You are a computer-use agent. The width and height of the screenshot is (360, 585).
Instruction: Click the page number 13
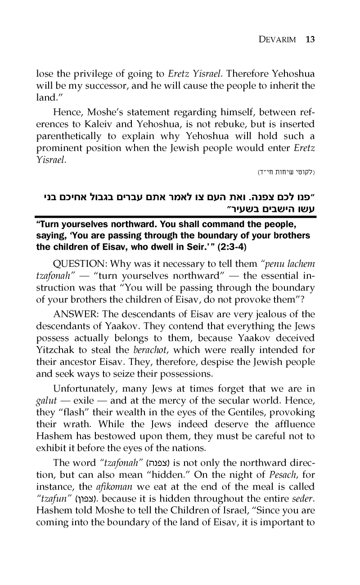pos(310,39)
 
